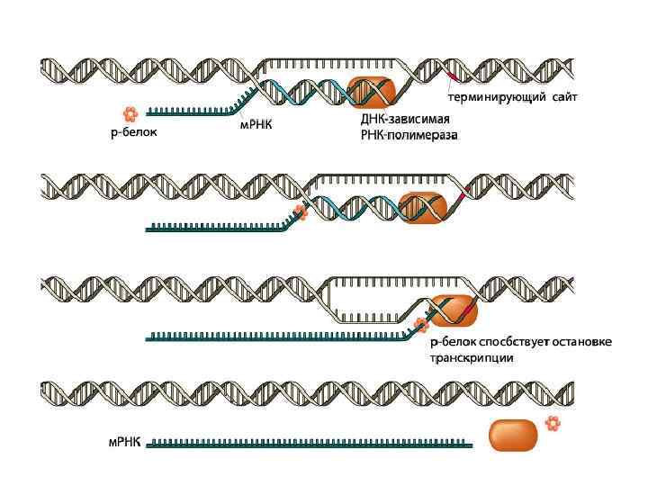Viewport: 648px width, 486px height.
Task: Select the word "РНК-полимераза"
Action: click(x=409, y=136)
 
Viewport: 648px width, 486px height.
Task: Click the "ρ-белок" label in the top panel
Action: click(x=128, y=135)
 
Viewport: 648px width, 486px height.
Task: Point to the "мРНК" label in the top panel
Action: click(x=256, y=125)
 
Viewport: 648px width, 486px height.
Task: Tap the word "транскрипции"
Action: click(x=471, y=357)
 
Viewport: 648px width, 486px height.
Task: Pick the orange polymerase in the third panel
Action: click(x=453, y=310)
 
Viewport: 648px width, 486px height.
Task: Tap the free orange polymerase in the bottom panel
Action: click(x=512, y=436)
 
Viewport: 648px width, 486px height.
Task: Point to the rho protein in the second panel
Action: click(x=301, y=213)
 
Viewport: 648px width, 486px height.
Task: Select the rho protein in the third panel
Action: click(x=419, y=325)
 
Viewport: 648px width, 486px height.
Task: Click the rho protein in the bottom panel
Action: click(x=553, y=423)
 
